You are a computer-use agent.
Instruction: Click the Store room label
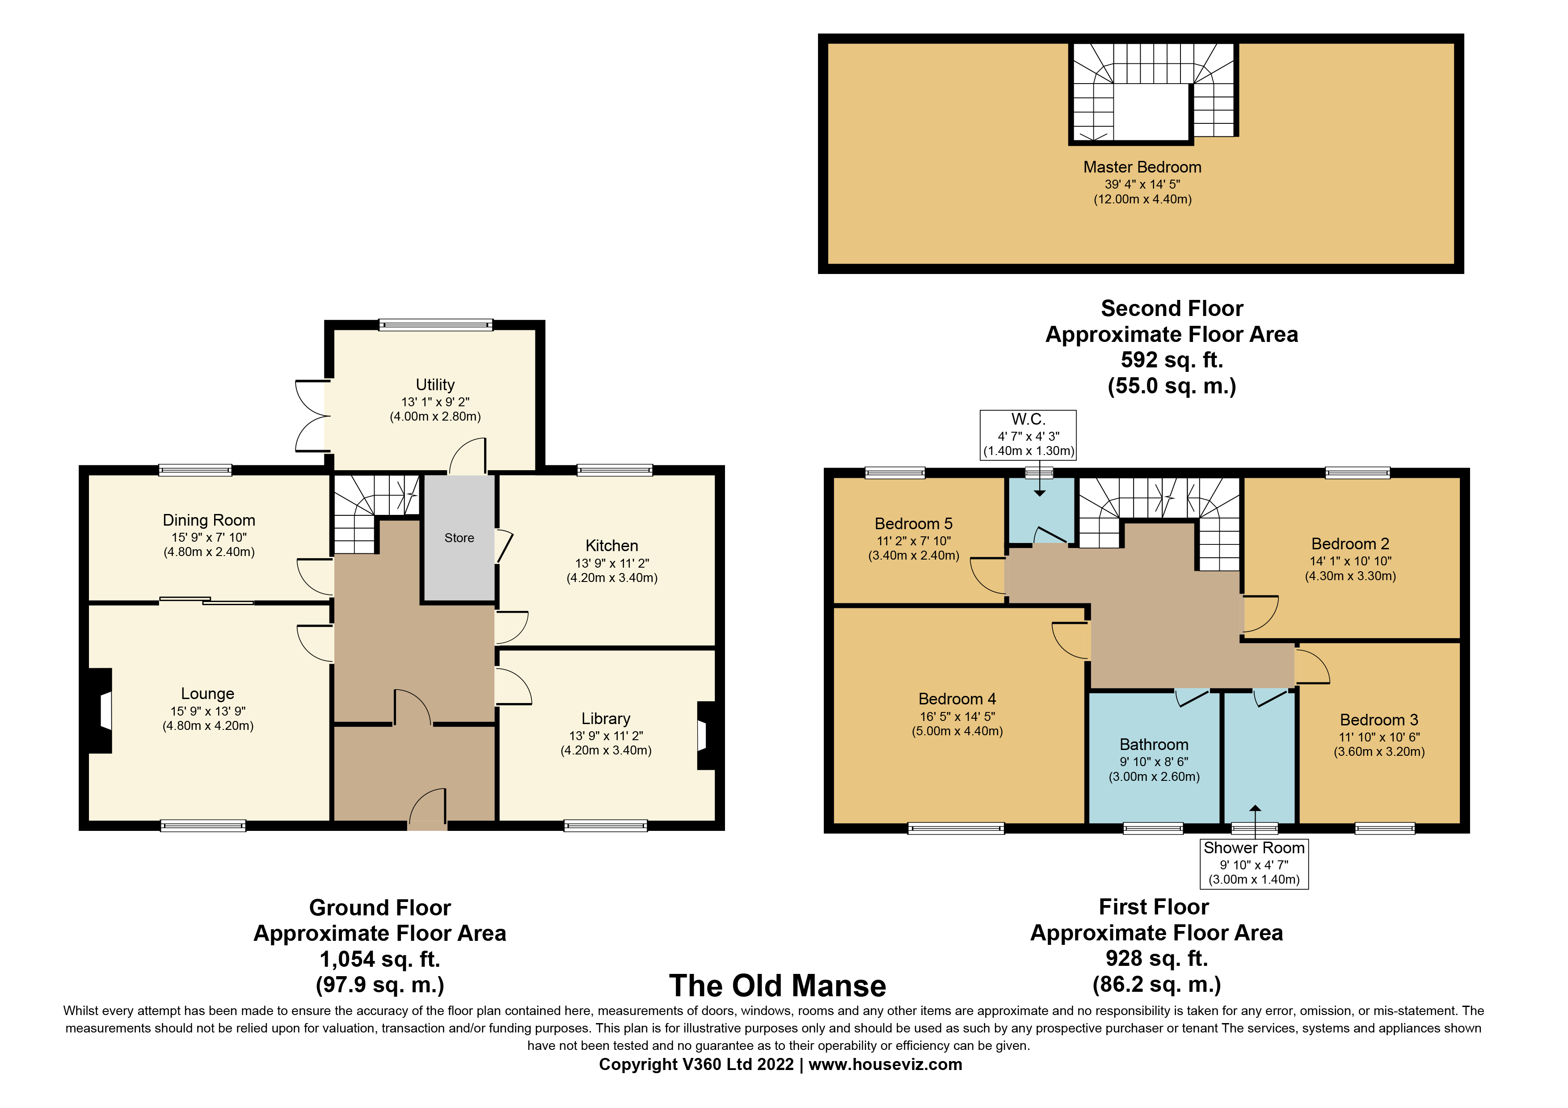[459, 538]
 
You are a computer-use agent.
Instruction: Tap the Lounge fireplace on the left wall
[100, 711]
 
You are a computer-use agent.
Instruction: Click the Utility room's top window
[436, 325]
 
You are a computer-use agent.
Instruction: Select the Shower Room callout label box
[1255, 864]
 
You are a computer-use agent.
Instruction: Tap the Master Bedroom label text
[1142, 167]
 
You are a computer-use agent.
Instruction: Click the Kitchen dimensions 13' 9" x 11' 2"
[612, 563]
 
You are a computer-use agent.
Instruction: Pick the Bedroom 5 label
[914, 524]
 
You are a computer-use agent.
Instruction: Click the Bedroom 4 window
[956, 829]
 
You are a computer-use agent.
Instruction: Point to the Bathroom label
[1154, 745]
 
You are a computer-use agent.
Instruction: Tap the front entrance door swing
[427, 807]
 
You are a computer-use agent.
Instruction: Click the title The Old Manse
[778, 986]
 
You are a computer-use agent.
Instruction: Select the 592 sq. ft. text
[1172, 360]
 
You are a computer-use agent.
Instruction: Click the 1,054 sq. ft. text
[380, 959]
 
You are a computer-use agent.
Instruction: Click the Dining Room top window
[195, 470]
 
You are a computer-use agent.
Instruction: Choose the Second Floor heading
[1172, 308]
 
